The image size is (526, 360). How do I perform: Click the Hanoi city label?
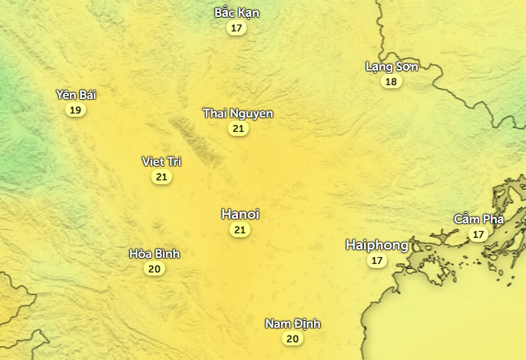pyautogui.click(x=240, y=213)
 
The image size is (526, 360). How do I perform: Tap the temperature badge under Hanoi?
pyautogui.click(x=240, y=230)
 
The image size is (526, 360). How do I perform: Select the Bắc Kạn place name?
pyautogui.click(x=237, y=12)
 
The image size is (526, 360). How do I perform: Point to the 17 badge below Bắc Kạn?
pyautogui.click(x=237, y=28)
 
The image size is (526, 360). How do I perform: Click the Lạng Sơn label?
pyautogui.click(x=392, y=67)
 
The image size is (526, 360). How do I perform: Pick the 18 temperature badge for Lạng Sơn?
pyautogui.click(x=392, y=82)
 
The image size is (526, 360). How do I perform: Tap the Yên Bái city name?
pyautogui.click(x=76, y=94)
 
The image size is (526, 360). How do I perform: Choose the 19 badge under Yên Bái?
pyautogui.click(x=75, y=111)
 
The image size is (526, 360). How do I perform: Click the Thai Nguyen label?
pyautogui.click(x=238, y=113)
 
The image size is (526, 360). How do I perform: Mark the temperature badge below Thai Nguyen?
pyautogui.click(x=238, y=129)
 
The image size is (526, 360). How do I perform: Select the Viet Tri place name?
pyautogui.click(x=161, y=161)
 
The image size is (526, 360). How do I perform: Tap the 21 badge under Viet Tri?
pyautogui.click(x=161, y=177)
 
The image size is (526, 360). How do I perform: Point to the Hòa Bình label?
pyautogui.click(x=154, y=253)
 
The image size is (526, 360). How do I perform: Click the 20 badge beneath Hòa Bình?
pyautogui.click(x=154, y=269)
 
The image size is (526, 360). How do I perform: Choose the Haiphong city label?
pyautogui.click(x=377, y=245)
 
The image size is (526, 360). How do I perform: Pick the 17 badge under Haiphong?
pyautogui.click(x=376, y=261)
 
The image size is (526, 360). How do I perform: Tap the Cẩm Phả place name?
pyautogui.click(x=478, y=219)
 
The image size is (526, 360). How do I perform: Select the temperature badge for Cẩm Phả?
pyautogui.click(x=478, y=234)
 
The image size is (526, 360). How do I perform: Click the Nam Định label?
pyautogui.click(x=293, y=323)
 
